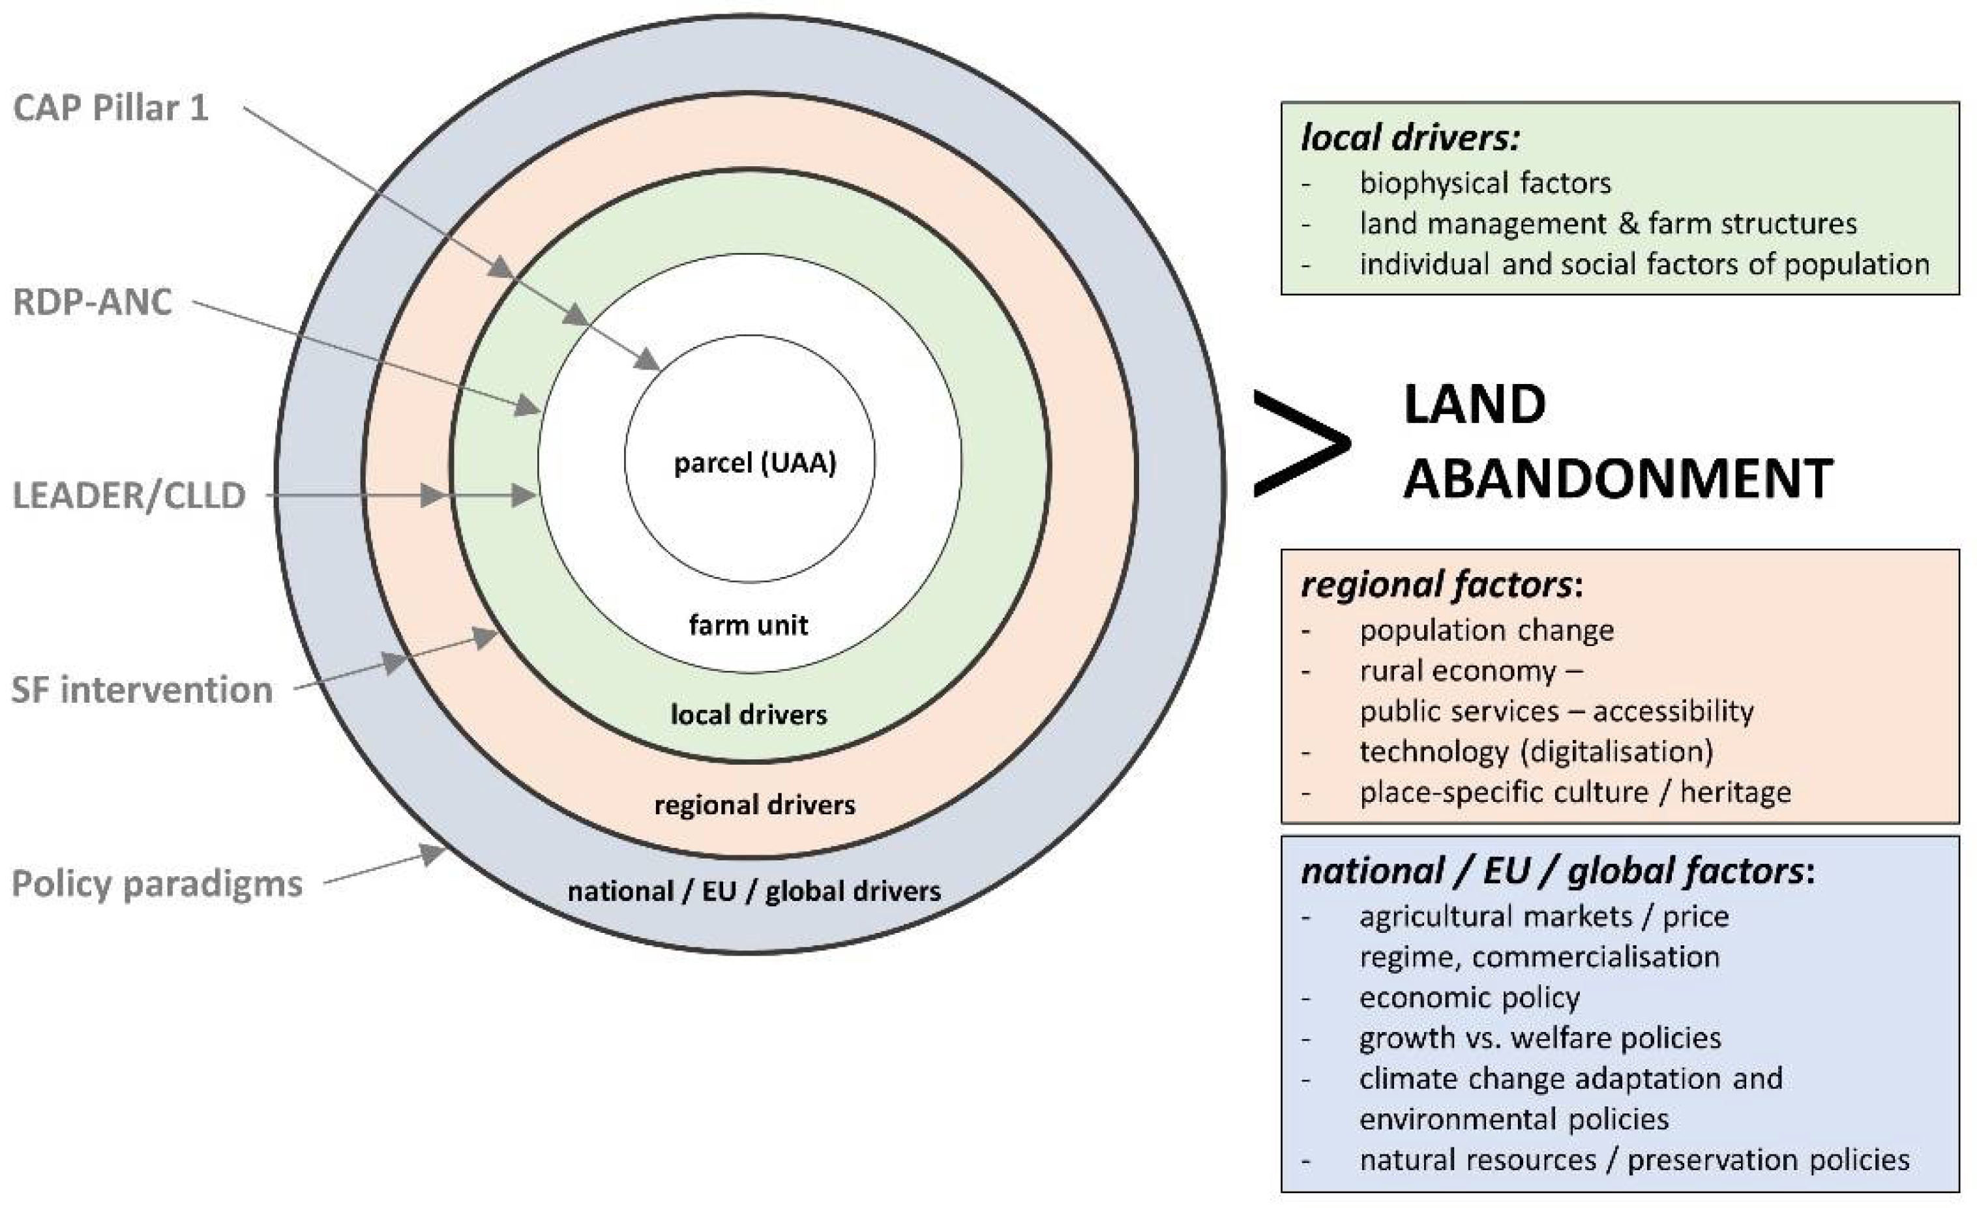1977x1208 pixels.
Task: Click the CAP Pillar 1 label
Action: [111, 108]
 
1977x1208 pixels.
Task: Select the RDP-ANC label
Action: [93, 302]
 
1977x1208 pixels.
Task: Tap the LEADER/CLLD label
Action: [129, 495]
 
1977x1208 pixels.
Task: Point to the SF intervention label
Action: [142, 690]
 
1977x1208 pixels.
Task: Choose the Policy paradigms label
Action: [157, 884]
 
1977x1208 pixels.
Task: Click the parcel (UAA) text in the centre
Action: [754, 463]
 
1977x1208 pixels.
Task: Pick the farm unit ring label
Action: [748, 625]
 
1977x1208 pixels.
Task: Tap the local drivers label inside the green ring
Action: [749, 714]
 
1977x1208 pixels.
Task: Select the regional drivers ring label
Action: [754, 804]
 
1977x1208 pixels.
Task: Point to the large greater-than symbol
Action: [1301, 443]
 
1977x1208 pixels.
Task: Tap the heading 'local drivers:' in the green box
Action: [1410, 138]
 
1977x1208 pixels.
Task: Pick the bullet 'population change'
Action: [1486, 630]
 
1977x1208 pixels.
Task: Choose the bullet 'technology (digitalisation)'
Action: [1536, 752]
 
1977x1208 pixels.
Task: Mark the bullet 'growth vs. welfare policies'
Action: [1539, 1038]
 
